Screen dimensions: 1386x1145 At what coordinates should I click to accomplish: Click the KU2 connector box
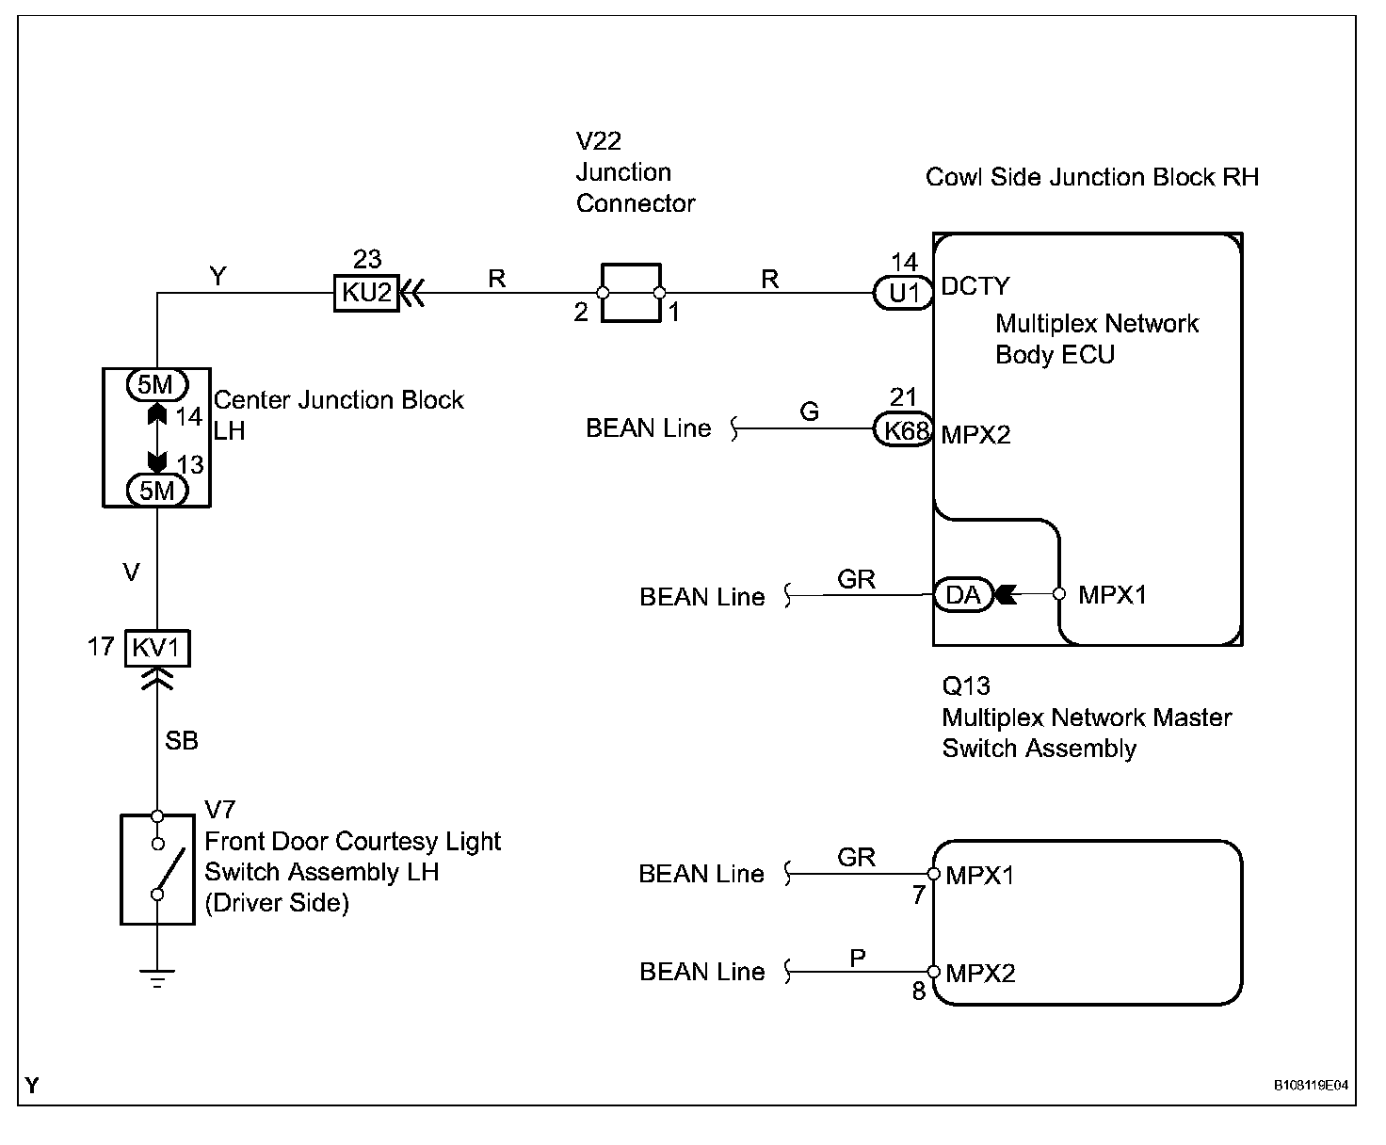pyautogui.click(x=366, y=293)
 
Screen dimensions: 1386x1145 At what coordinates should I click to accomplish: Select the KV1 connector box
pyautogui.click(x=157, y=648)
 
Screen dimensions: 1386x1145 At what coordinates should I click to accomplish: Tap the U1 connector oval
pyautogui.click(x=903, y=293)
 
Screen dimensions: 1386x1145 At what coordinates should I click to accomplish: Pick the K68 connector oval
pyautogui.click(x=903, y=429)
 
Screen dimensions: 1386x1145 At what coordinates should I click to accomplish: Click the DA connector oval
pyautogui.click(x=963, y=595)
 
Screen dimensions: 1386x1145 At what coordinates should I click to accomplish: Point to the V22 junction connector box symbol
pyautogui.click(x=631, y=293)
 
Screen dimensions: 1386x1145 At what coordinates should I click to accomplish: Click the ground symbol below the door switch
pyautogui.click(x=157, y=978)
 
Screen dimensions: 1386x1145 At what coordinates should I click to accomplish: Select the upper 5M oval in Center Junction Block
pyautogui.click(x=157, y=385)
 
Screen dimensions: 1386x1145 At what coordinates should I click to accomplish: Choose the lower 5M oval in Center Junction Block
pyautogui.click(x=157, y=491)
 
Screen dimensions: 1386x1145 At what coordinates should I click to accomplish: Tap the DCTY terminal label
pyautogui.click(x=975, y=286)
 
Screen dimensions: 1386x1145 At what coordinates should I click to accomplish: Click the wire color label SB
pyautogui.click(x=181, y=741)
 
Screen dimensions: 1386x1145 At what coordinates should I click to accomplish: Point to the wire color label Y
pyautogui.click(x=218, y=276)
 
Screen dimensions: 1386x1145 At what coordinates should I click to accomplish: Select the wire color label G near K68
pyautogui.click(x=809, y=411)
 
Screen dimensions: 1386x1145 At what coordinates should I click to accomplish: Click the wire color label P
pyautogui.click(x=858, y=958)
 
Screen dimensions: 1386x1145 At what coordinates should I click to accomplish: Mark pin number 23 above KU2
pyautogui.click(x=367, y=259)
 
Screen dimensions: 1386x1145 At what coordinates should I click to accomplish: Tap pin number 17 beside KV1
pyautogui.click(x=101, y=647)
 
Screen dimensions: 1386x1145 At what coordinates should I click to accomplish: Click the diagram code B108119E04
pyautogui.click(x=1311, y=1086)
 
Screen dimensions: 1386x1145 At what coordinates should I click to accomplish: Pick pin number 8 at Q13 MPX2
pyautogui.click(x=919, y=991)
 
